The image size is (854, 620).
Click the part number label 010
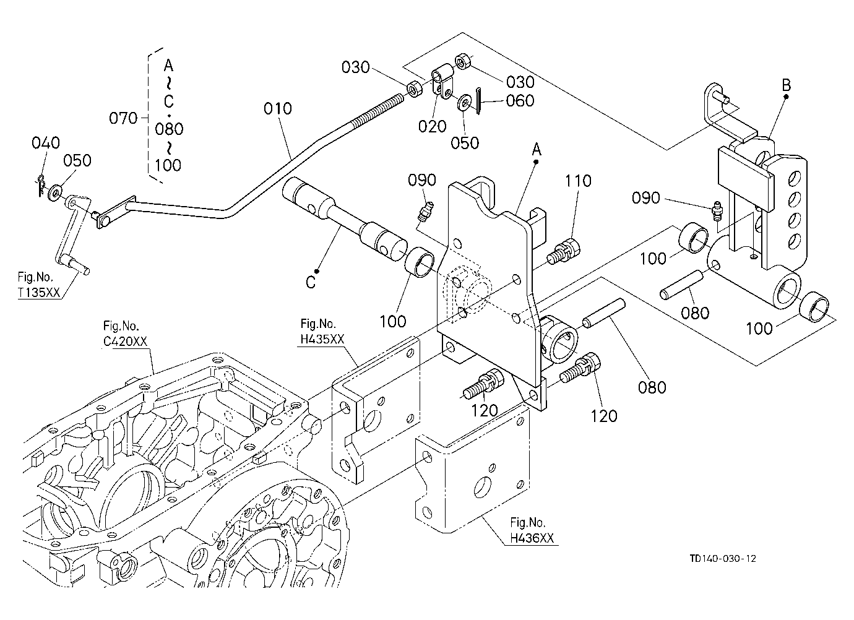point(277,109)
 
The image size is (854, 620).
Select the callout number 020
point(432,126)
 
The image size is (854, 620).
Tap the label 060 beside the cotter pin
point(520,101)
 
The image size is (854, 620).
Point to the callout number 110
point(578,181)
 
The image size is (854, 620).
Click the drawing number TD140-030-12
point(723,559)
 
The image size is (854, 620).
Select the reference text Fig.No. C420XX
point(125,334)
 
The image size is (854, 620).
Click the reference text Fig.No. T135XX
point(39,285)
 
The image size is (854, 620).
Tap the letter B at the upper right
point(786,85)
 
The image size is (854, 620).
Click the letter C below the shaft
point(311,283)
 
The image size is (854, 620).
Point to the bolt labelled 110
point(564,251)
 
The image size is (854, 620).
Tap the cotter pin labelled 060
point(478,101)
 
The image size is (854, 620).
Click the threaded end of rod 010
point(377,111)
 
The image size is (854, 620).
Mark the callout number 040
point(46,142)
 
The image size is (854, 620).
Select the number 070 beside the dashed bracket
point(123,118)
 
